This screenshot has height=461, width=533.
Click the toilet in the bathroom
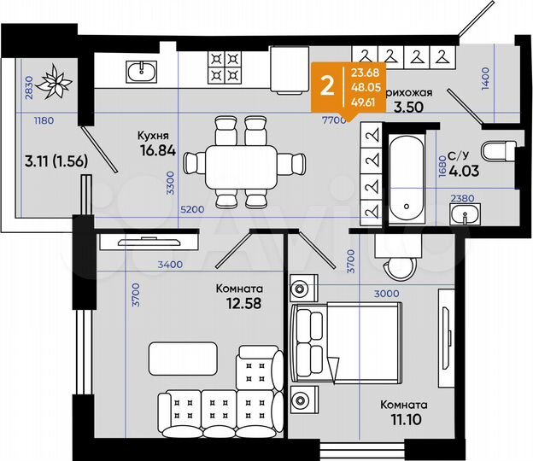(496, 152)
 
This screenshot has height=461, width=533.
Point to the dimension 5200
(192, 209)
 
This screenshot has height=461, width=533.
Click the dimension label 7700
(333, 120)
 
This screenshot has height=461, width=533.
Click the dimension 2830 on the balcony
(28, 88)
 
